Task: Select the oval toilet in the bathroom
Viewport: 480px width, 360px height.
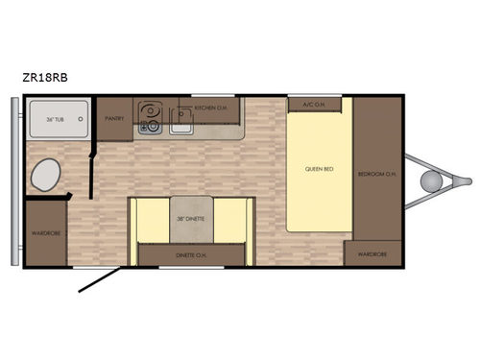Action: click(x=44, y=176)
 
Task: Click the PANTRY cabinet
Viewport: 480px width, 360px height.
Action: click(x=115, y=119)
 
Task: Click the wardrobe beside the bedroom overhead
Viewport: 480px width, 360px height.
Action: click(x=372, y=253)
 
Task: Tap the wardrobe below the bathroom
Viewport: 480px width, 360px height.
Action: click(x=44, y=232)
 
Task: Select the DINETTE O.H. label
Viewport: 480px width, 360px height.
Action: click(x=190, y=254)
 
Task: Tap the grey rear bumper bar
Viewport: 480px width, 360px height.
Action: click(x=12, y=182)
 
